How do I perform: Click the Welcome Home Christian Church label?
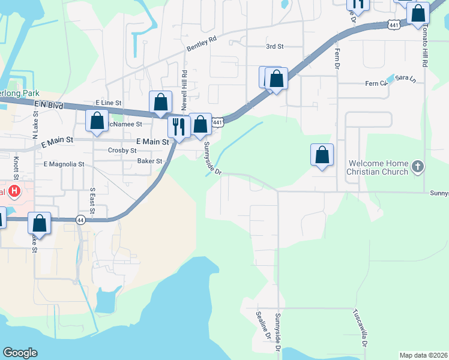click(377, 167)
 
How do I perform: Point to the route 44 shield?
click(81, 220)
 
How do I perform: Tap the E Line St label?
click(109, 103)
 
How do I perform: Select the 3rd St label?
click(274, 46)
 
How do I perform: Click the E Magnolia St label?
click(64, 164)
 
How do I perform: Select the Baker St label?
click(149, 161)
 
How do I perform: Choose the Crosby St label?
click(122, 151)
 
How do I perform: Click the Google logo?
click(20, 353)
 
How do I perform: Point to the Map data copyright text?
click(423, 355)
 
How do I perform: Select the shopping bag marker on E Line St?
click(160, 103)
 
